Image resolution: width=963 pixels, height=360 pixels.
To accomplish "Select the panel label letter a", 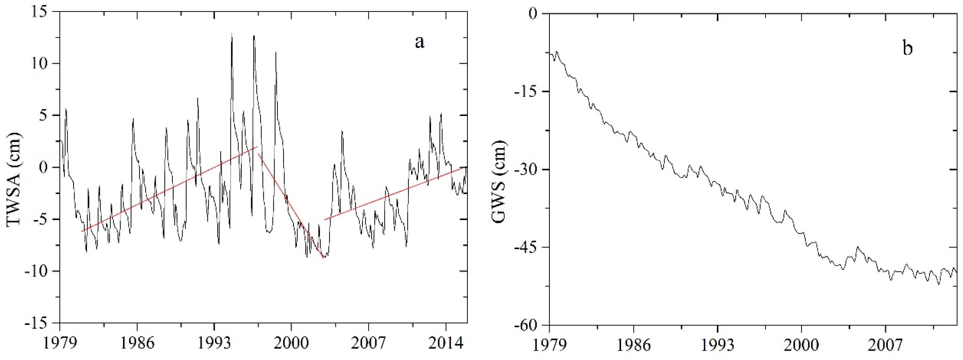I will point(419,42).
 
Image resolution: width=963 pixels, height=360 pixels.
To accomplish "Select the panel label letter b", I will point(908,48).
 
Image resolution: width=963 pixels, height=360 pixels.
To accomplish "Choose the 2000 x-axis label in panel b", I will point(801,345).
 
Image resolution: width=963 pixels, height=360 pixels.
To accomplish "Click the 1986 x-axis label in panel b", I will point(634,345).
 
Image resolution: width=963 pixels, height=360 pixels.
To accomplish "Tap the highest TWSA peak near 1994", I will point(232,35).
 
